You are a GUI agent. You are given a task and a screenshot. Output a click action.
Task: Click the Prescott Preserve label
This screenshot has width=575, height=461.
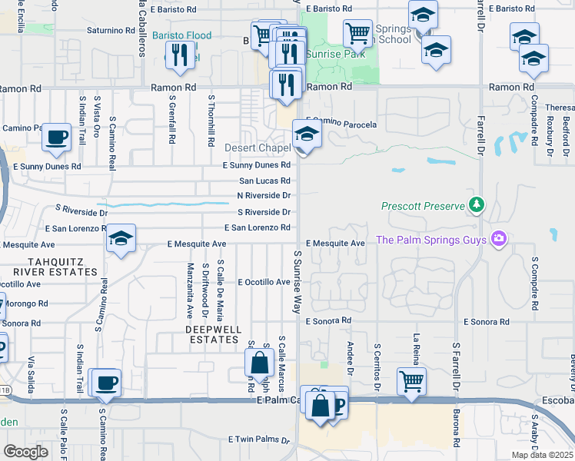coord(424,206)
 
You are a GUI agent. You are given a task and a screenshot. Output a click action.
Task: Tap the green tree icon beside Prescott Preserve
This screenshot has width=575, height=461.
coord(477,204)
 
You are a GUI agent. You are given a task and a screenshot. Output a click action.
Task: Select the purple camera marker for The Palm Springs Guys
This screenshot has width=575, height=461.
coord(500,240)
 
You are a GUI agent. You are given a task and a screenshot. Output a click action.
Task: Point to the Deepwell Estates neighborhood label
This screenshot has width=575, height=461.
coord(213,333)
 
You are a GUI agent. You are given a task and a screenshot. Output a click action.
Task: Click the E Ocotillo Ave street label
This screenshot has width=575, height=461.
coord(264,282)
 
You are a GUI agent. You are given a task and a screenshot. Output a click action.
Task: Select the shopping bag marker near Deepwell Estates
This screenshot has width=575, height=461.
coord(260,364)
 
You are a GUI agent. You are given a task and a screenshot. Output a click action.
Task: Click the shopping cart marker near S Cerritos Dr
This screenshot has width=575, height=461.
coord(412,380)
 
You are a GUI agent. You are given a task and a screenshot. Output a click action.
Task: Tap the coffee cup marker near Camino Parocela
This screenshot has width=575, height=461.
coord(56,138)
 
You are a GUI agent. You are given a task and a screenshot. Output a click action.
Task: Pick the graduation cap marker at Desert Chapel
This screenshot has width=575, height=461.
coord(306,137)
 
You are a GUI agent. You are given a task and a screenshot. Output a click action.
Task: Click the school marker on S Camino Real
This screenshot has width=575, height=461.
coord(121,239)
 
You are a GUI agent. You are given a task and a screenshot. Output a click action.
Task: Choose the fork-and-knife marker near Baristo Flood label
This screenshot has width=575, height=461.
coord(180,55)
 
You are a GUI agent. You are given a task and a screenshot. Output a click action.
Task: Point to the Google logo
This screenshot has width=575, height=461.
coord(25,452)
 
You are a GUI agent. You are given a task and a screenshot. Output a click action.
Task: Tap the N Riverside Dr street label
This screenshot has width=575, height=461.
coord(264,196)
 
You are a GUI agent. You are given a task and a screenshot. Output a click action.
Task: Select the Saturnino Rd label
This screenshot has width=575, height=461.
coord(111,30)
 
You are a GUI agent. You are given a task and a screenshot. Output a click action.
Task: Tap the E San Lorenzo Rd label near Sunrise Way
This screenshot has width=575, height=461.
coord(257,227)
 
